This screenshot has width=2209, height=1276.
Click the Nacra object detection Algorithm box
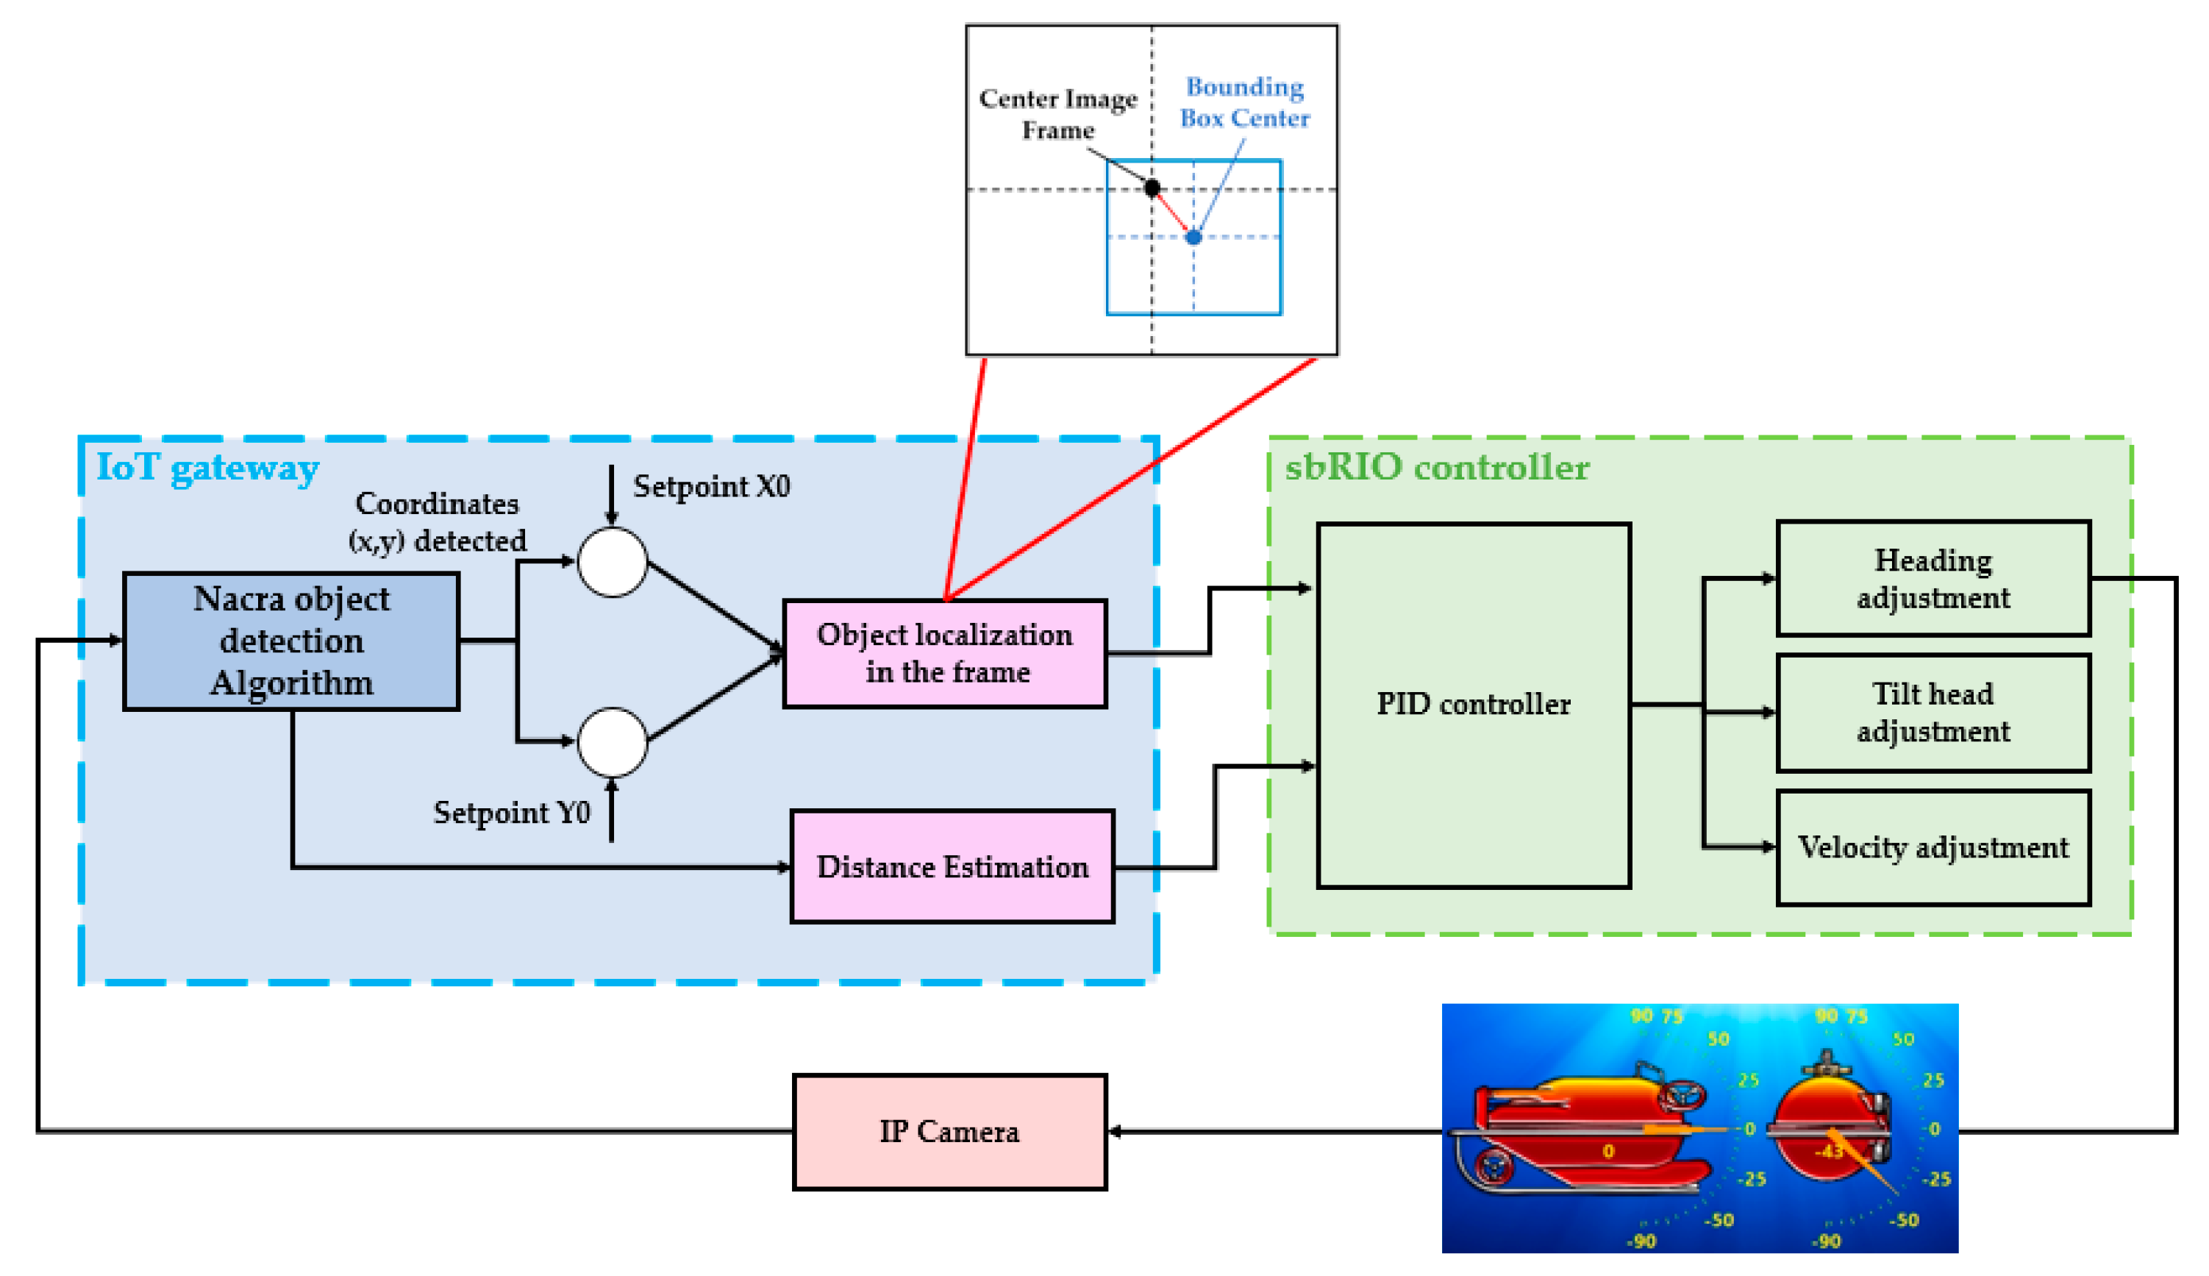291,641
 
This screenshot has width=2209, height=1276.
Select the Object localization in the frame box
945,653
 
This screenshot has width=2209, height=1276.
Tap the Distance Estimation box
952,867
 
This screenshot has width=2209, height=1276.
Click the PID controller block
1473,705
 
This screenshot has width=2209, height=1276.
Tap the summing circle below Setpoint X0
613,562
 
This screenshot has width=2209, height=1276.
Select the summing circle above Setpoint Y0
613,742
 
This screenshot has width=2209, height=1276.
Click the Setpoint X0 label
712,486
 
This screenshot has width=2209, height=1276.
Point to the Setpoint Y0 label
512,813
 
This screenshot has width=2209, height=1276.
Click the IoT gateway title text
207,467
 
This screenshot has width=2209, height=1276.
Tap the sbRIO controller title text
1436,467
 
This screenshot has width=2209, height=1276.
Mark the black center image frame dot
1152,188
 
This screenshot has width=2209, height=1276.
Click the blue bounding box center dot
1193,238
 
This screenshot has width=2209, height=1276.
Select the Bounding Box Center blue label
1244,102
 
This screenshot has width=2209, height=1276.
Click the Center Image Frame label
1057,114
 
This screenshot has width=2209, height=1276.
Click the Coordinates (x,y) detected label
438,522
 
